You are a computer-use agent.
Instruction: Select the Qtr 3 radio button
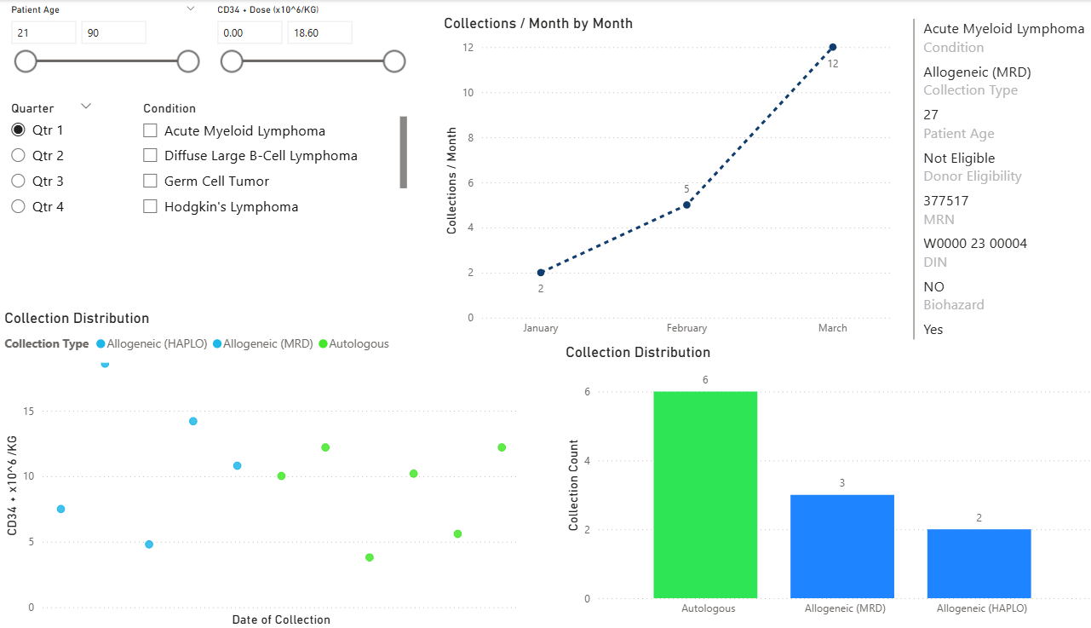coord(18,181)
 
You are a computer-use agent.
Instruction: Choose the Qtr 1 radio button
coord(18,130)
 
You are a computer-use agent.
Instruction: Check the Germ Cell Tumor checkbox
coord(151,181)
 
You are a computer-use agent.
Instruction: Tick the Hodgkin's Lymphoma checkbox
coord(151,206)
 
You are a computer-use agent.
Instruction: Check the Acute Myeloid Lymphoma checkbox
coord(151,131)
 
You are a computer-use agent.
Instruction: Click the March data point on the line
coord(832,47)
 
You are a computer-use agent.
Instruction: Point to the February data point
coord(686,205)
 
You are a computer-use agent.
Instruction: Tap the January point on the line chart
coord(541,273)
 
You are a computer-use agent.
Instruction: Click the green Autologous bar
coord(705,494)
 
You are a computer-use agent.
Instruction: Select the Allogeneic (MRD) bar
coord(841,546)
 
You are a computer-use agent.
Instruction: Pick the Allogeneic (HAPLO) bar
coord(979,563)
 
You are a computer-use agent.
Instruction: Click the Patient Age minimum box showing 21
coord(43,33)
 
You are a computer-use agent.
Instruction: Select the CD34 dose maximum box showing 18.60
coord(319,33)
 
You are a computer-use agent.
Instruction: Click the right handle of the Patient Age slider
coord(188,61)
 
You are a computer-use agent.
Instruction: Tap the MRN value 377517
coord(945,201)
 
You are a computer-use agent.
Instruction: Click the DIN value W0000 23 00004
coord(975,244)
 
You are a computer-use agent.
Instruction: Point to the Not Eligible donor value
coord(959,158)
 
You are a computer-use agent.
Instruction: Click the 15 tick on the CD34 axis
coord(29,412)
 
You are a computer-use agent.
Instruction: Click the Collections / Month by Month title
coord(538,24)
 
